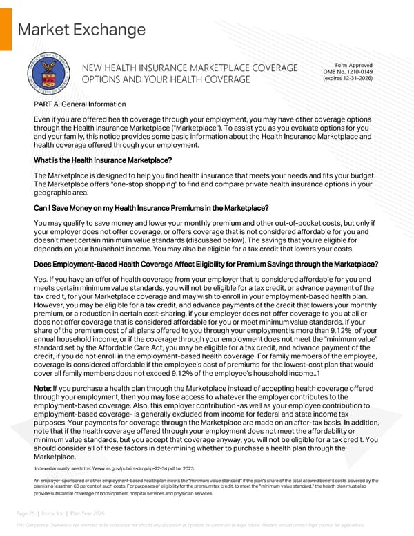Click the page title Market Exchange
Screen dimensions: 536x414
click(81, 30)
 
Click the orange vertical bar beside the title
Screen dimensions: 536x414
click(4, 28)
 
